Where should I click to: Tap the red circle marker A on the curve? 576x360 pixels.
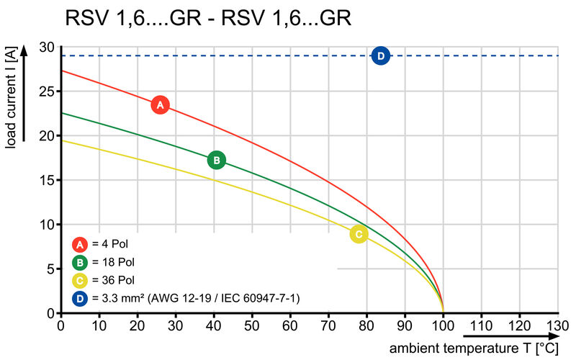click(160, 105)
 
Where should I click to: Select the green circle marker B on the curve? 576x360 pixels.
click(216, 160)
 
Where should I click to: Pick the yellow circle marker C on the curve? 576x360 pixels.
click(359, 234)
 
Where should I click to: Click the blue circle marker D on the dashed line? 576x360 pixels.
click(381, 55)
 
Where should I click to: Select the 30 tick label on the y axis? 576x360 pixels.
click(47, 47)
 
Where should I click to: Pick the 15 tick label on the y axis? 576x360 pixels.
click(47, 180)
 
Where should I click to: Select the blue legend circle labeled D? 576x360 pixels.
click(81, 297)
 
